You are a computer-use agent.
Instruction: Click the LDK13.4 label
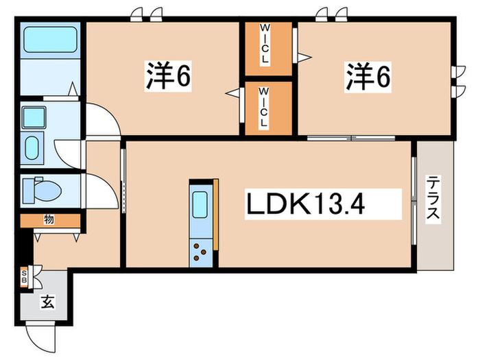(322, 204)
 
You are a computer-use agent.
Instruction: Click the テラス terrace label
(433, 198)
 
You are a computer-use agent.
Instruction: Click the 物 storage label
(49, 219)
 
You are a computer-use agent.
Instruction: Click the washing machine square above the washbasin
(34, 118)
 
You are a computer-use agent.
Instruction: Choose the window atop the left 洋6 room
(148, 15)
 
